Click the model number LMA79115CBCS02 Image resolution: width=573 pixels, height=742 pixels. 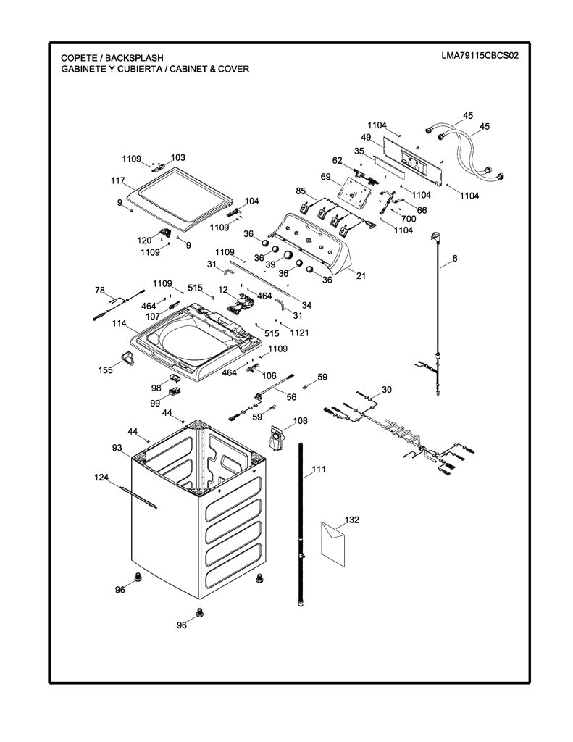(480, 55)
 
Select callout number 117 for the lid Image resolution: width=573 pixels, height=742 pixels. (118, 180)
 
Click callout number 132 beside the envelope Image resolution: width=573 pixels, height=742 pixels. (351, 520)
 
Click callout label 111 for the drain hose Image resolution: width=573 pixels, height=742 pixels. (319, 470)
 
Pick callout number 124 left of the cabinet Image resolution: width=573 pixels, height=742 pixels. (101, 478)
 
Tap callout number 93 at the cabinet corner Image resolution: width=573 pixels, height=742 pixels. (117, 448)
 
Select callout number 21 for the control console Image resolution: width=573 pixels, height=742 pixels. (361, 275)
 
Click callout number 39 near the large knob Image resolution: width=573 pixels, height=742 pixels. (270, 264)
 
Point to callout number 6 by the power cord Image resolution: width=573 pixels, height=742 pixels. (455, 259)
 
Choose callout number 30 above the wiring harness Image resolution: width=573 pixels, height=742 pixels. (387, 389)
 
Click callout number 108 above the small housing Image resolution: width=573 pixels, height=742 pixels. (300, 421)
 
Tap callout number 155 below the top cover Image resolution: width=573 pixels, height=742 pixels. (106, 370)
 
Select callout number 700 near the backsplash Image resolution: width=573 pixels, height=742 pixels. (409, 219)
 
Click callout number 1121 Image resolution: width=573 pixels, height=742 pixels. (299, 333)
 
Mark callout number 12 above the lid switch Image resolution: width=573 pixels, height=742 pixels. (223, 290)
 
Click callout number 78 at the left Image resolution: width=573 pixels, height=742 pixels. (100, 290)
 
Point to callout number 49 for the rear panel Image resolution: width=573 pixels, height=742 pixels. (366, 137)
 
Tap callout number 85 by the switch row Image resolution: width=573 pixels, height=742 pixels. (301, 191)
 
